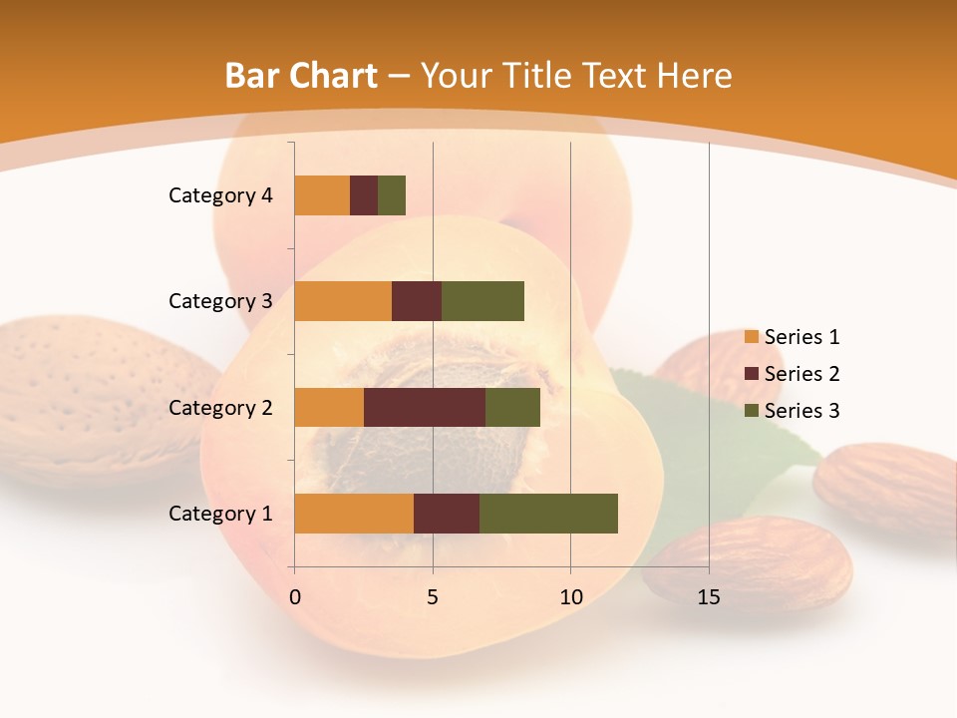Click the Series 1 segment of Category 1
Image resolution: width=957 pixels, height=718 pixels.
[x=354, y=513]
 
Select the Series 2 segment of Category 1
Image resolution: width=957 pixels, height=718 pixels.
[x=447, y=513]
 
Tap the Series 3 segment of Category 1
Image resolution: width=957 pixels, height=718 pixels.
[x=548, y=513]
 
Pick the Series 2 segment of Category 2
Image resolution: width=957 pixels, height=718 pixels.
[x=425, y=407]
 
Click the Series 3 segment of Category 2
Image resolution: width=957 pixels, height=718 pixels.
[x=512, y=407]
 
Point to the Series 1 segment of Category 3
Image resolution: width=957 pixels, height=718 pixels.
[x=343, y=301]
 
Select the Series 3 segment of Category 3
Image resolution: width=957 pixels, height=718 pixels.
[x=482, y=301]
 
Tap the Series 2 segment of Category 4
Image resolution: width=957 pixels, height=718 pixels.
[x=364, y=195]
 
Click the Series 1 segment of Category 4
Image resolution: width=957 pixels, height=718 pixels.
[x=322, y=195]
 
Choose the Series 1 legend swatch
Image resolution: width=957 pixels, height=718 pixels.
[x=751, y=337]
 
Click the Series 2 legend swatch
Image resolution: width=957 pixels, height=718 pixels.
[x=751, y=374]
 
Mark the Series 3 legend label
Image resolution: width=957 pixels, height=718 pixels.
[x=801, y=411]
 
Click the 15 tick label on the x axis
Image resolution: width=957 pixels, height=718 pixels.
[x=709, y=597]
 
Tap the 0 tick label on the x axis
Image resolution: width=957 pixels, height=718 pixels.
[x=295, y=597]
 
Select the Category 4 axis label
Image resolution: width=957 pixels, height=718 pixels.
[x=220, y=195]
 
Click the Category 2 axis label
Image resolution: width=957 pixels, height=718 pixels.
[x=220, y=407]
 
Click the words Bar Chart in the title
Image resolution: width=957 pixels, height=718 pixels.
[x=301, y=76]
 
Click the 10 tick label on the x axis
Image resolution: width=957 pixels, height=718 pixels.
[x=570, y=597]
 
